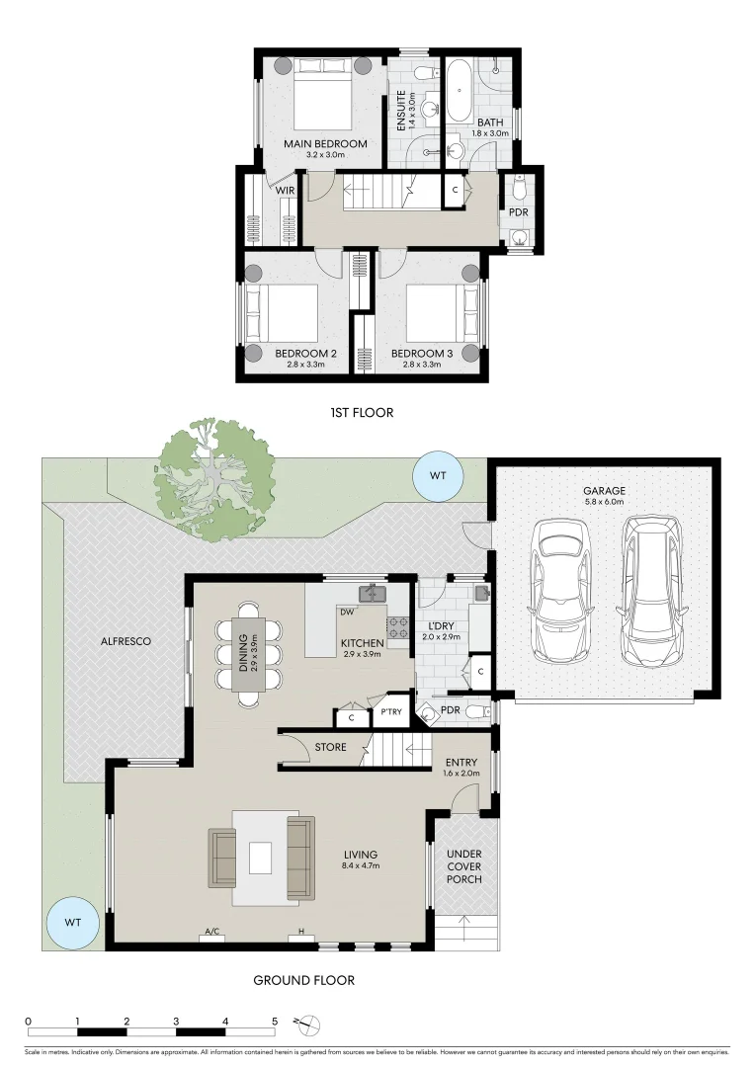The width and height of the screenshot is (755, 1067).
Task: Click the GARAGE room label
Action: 604,491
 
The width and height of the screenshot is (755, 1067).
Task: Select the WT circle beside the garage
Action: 438,475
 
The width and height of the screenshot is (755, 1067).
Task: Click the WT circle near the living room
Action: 73,923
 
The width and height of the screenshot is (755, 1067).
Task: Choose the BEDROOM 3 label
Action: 421,354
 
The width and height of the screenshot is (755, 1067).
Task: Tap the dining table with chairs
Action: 247,654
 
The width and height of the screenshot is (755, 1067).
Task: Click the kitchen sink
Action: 373,594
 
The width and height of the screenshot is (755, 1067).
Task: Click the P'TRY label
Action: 390,712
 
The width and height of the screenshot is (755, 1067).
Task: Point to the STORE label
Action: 331,747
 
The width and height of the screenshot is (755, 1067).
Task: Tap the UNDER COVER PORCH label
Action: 464,866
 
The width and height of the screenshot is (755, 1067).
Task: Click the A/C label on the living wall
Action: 211,932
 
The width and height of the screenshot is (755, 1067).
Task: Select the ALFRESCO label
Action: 126,641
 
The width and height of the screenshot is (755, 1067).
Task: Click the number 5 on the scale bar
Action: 275,1022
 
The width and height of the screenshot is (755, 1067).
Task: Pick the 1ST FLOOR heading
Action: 362,412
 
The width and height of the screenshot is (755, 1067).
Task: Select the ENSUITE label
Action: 401,111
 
